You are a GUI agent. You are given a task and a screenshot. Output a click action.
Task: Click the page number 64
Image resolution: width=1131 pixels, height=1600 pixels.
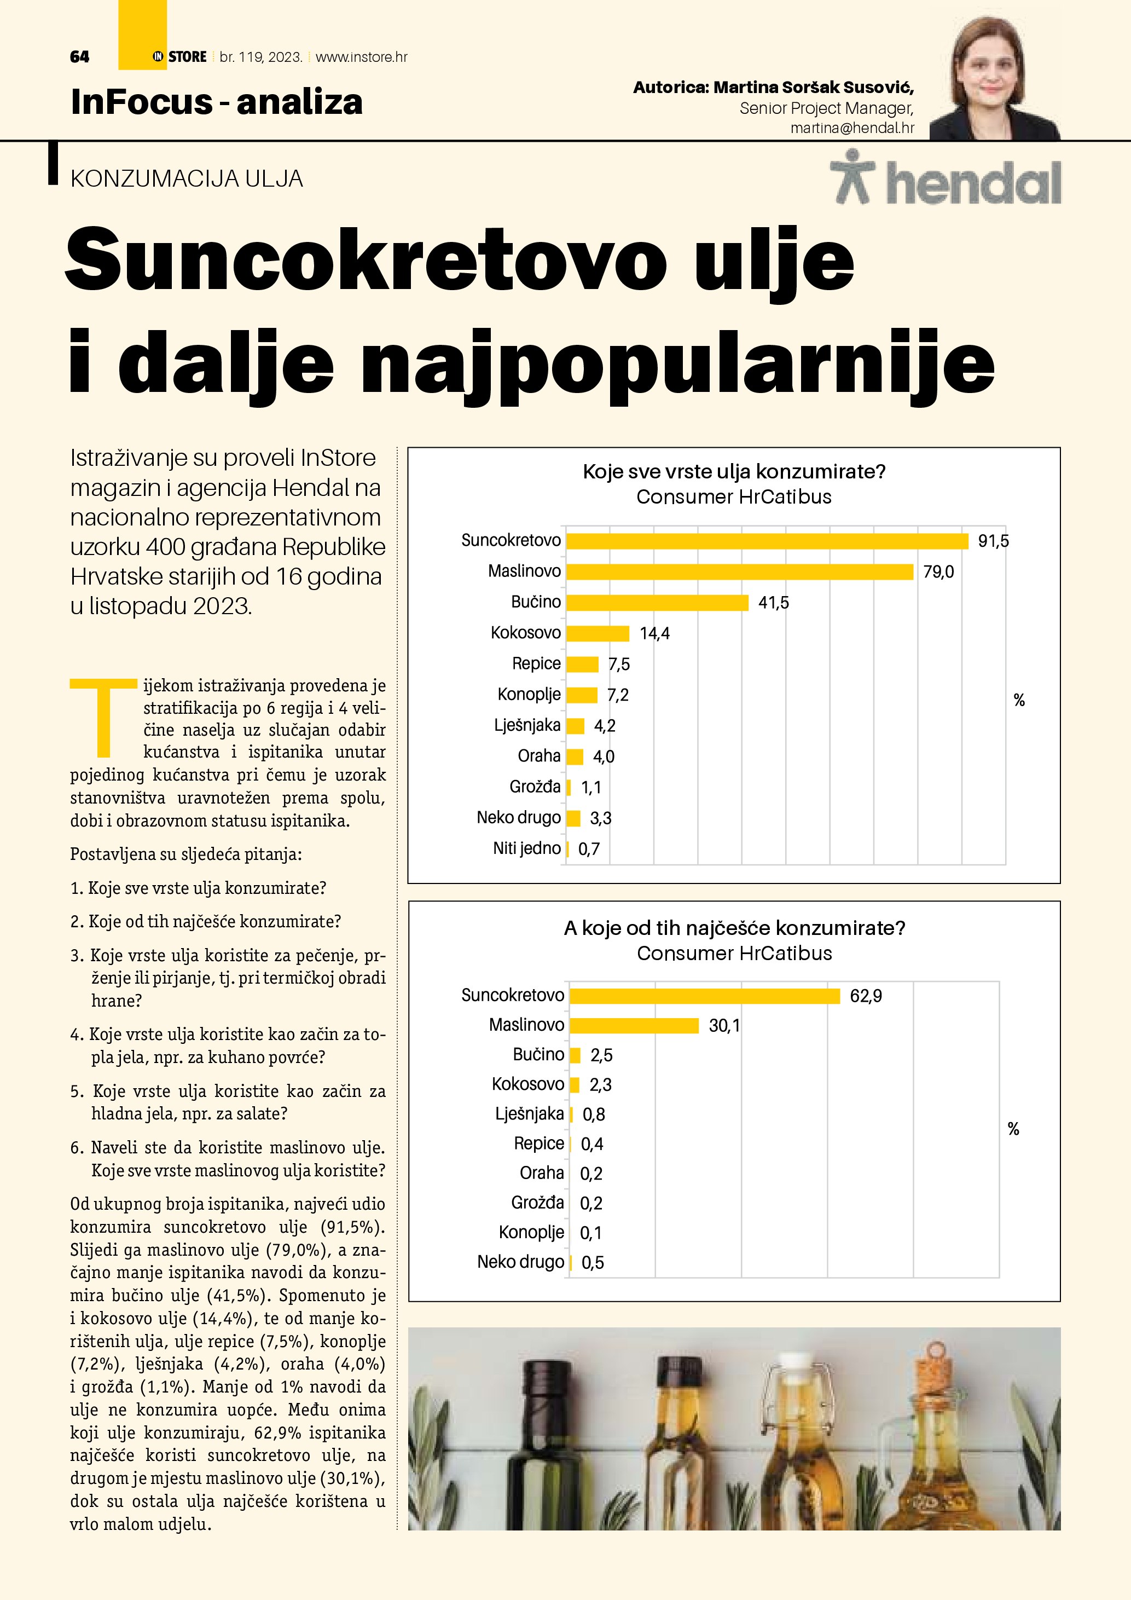[79, 57]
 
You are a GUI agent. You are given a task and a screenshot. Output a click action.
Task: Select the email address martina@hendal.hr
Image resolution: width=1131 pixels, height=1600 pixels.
[852, 128]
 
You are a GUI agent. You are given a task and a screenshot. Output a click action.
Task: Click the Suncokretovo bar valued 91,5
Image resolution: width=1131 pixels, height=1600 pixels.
[767, 541]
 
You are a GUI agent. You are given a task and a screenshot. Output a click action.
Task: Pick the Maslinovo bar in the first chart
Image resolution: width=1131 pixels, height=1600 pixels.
[739, 572]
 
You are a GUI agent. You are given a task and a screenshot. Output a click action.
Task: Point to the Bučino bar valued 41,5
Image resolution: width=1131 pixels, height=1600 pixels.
[657, 603]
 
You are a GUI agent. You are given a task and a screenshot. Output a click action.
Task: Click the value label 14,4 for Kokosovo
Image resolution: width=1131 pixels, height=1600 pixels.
[654, 633]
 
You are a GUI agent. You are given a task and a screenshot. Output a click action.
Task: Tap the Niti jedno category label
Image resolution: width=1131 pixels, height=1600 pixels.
[526, 848]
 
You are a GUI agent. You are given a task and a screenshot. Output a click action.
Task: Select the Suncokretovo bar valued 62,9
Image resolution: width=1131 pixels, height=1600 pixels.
[704, 996]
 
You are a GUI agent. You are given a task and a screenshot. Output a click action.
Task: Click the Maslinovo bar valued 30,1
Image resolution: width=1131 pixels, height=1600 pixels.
[634, 1026]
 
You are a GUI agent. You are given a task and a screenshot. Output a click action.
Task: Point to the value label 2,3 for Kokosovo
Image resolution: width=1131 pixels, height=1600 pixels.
[600, 1085]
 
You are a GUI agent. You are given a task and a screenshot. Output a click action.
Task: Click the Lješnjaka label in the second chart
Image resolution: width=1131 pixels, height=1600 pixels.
[529, 1113]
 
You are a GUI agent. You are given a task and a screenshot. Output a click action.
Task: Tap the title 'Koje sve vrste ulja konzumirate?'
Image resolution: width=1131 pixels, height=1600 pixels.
[734, 472]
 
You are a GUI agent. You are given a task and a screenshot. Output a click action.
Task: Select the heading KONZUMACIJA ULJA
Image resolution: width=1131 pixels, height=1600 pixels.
[187, 179]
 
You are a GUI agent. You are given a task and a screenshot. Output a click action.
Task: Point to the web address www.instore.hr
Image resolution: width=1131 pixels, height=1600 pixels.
[362, 57]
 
